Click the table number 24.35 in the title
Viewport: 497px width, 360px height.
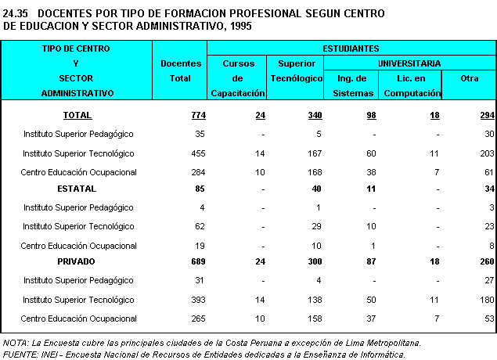pos(16,13)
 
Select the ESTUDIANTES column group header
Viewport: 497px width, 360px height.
pos(351,49)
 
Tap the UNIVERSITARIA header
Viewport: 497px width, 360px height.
pos(409,63)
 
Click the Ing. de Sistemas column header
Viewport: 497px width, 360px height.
pos(352,85)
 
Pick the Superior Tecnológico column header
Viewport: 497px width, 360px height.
pos(296,70)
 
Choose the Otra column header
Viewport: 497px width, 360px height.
pos(469,78)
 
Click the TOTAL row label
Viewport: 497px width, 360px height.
pos(77,115)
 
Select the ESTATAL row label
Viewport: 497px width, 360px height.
pos(77,189)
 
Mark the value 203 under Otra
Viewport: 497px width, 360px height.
pos(485,153)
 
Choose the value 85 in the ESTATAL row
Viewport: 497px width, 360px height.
pos(200,189)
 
